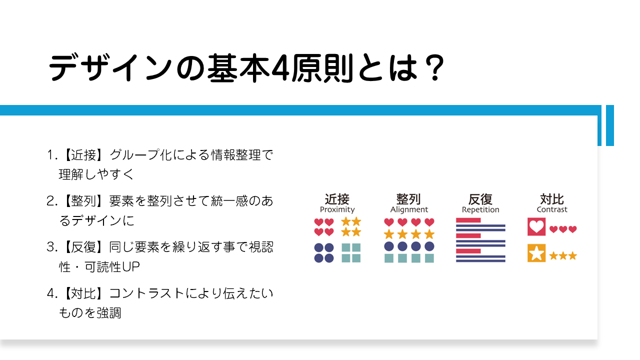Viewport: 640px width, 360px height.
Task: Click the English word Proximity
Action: pos(337,209)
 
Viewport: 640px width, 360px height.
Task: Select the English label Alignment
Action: pos(409,209)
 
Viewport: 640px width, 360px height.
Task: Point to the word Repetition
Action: pos(480,209)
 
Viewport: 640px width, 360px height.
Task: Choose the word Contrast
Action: pos(552,209)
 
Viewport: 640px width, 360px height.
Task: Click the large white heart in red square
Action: pos(536,226)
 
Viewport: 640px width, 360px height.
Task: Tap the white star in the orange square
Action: pos(536,253)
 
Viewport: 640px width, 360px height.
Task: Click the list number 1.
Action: pos(51,155)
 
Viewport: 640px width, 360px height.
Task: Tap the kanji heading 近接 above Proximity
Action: pos(337,199)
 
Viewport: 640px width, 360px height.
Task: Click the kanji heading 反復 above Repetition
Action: pos(480,199)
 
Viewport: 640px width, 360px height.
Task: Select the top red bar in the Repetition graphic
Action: pos(468,220)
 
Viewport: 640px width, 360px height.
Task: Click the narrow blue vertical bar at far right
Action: pos(610,125)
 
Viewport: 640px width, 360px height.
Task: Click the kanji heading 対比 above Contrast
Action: pos(552,199)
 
